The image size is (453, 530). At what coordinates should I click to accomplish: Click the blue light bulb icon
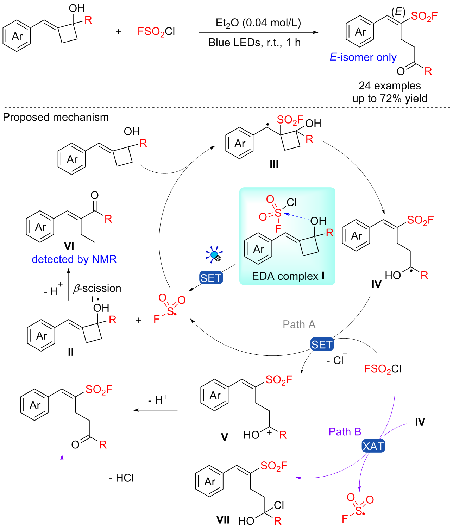pyautogui.click(x=214, y=254)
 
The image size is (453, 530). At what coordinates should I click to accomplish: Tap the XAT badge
pyautogui.click(x=373, y=446)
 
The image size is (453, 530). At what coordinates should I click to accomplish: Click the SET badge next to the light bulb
pyautogui.click(x=211, y=278)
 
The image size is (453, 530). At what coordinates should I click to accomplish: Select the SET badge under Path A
pyautogui.click(x=322, y=345)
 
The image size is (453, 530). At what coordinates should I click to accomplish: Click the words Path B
pyautogui.click(x=345, y=432)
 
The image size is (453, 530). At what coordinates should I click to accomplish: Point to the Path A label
pyautogui.click(x=299, y=324)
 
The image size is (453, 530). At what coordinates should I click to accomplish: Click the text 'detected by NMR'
pyautogui.click(x=74, y=259)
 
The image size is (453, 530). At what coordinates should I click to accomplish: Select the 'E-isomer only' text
pyautogui.click(x=363, y=57)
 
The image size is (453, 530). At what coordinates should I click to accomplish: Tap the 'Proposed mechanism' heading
pyautogui.click(x=56, y=117)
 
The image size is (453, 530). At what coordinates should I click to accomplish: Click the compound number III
pyautogui.click(x=274, y=164)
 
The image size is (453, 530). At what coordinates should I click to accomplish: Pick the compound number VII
pyautogui.click(x=223, y=520)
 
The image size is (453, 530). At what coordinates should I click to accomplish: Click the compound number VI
pyautogui.click(x=69, y=246)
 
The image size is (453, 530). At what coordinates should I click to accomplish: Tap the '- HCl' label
pyautogui.click(x=121, y=478)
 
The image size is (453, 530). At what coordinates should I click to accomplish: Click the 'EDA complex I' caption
pyautogui.click(x=288, y=276)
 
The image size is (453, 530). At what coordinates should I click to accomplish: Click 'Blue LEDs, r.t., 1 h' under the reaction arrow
pyautogui.click(x=254, y=43)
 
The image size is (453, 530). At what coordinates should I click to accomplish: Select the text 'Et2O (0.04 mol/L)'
pyautogui.click(x=258, y=23)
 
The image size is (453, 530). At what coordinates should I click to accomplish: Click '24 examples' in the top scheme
pyautogui.click(x=390, y=86)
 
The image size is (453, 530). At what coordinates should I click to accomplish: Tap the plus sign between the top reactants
pyautogui.click(x=119, y=32)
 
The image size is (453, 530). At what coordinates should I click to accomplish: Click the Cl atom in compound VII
pyautogui.click(x=279, y=505)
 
